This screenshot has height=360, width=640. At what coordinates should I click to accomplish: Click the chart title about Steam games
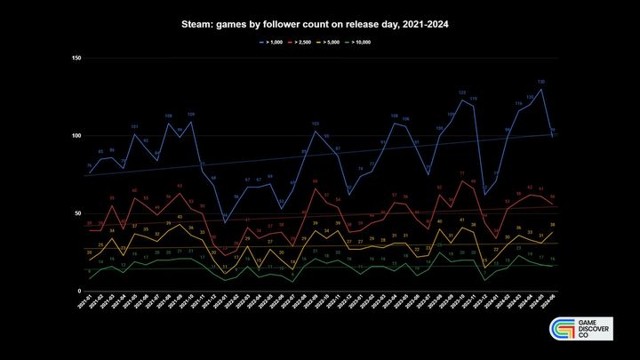click(320, 25)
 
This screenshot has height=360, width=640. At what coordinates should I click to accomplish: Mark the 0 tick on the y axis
click(79, 292)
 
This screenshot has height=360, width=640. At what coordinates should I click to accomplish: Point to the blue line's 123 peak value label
click(462, 92)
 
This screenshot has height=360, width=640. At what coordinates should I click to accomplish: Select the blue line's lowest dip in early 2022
click(225, 221)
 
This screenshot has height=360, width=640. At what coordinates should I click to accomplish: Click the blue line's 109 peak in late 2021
click(190, 122)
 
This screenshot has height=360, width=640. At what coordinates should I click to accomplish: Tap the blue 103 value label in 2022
click(316, 124)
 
